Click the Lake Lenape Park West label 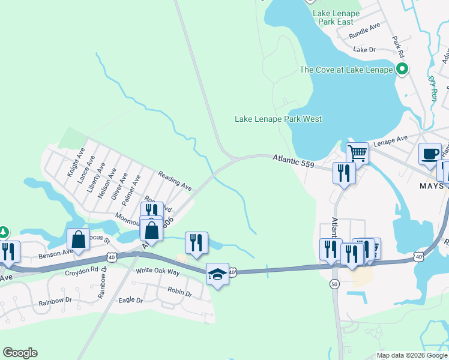278,119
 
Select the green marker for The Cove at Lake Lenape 402,70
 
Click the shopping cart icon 358,152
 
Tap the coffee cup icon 430,153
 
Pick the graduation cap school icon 217,274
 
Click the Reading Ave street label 175,181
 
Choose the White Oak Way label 158,272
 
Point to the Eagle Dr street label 131,300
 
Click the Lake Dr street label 364,50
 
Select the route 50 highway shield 334,284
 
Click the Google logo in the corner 20,353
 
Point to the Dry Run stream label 432,87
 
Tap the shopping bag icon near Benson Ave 79,239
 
